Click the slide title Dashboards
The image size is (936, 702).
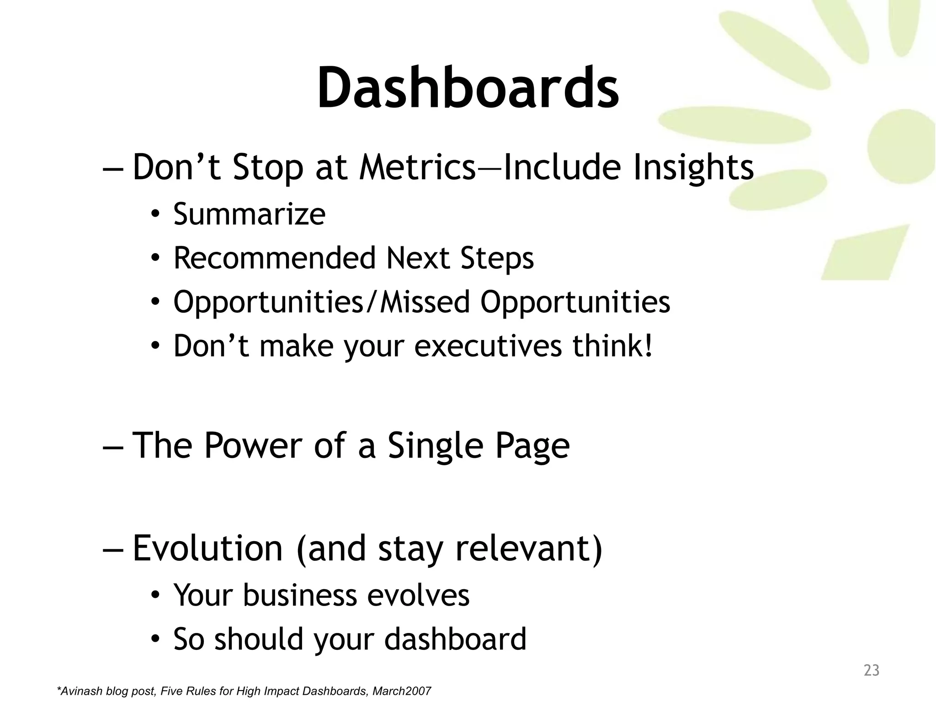click(x=468, y=87)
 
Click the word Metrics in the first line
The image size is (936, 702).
click(x=417, y=167)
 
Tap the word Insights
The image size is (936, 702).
click(x=693, y=167)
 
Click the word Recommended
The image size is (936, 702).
click(x=274, y=258)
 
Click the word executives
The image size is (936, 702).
click(x=488, y=346)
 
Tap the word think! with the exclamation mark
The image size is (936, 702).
click(x=613, y=346)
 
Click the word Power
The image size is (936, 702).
click(x=253, y=446)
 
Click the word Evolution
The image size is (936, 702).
click(x=207, y=548)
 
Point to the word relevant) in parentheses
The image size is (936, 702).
click(x=529, y=548)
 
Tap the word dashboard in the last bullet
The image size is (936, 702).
click(x=455, y=639)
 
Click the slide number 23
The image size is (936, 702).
click(x=871, y=670)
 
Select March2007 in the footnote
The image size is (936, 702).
click(x=402, y=691)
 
